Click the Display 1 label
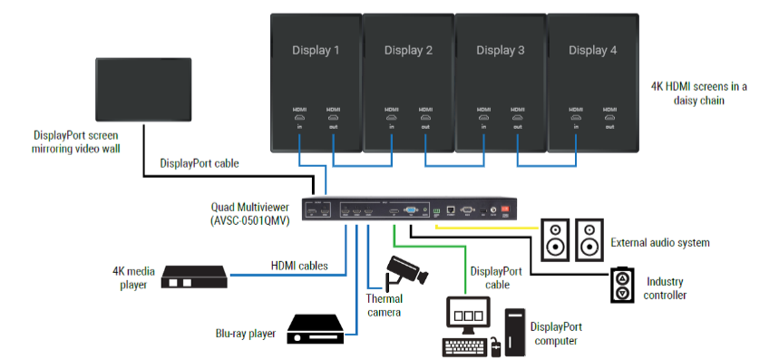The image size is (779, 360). [316, 50]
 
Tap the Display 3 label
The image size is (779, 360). [500, 50]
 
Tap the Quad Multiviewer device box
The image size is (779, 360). [416, 211]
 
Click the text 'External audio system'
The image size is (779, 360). [659, 242]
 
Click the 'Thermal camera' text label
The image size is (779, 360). [385, 305]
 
